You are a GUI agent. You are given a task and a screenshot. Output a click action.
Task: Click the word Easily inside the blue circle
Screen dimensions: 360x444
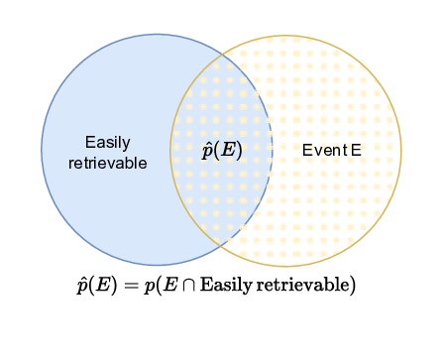click(x=108, y=142)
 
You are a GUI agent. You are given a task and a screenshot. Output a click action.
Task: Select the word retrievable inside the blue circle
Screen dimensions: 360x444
click(x=108, y=162)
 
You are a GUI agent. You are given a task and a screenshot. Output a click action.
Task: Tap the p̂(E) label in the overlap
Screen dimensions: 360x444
click(x=222, y=151)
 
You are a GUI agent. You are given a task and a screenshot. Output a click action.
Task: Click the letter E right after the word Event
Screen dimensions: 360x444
click(x=355, y=151)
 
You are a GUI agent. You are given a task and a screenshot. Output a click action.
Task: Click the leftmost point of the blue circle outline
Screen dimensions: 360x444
click(x=42, y=151)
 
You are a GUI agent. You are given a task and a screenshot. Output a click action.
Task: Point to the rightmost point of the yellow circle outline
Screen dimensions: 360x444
click(x=401, y=152)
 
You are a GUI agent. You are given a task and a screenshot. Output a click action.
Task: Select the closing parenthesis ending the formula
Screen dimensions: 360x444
click(x=353, y=286)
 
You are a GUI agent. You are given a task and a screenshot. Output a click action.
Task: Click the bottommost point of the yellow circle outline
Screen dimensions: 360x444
click(x=285, y=267)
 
